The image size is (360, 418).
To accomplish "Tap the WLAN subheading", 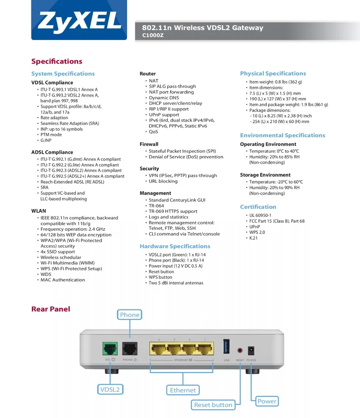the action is click(39, 210).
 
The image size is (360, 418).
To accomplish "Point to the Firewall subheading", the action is click(149, 144).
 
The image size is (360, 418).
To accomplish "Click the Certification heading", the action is click(258, 207).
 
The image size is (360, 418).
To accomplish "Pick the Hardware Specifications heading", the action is click(175, 246).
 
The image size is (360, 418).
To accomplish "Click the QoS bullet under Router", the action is click(153, 131).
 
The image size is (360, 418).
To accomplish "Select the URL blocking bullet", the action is click(163, 181).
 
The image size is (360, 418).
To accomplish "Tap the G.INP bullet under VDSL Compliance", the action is click(46, 140).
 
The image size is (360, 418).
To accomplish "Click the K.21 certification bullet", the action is click(253, 238).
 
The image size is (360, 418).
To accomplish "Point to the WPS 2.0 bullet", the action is click(257, 233).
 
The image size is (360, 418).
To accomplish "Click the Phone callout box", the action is click(130, 315).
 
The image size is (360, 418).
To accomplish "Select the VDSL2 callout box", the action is click(110, 389).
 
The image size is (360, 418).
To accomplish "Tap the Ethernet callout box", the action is click(183, 390).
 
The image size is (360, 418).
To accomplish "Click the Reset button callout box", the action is click(213, 405).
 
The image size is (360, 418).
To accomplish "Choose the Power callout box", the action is click(267, 401).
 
